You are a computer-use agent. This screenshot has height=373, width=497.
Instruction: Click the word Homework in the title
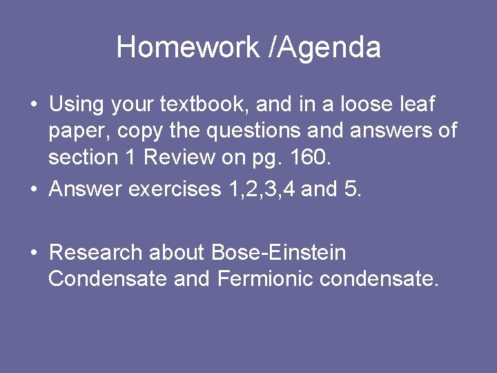click(186, 48)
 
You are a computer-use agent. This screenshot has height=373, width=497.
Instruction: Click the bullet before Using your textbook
click(33, 106)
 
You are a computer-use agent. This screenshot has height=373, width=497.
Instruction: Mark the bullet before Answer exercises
click(33, 189)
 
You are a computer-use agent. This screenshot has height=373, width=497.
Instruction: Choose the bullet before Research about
click(33, 254)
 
